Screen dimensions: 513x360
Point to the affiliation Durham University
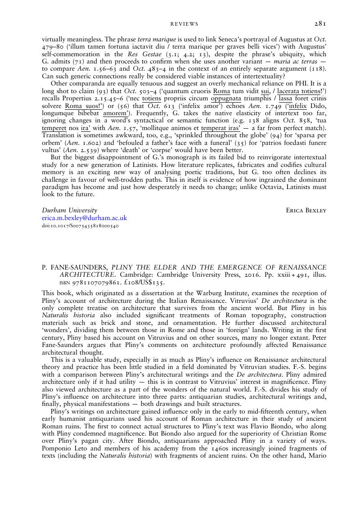[69, 210]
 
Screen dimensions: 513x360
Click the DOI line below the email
[80, 226]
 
